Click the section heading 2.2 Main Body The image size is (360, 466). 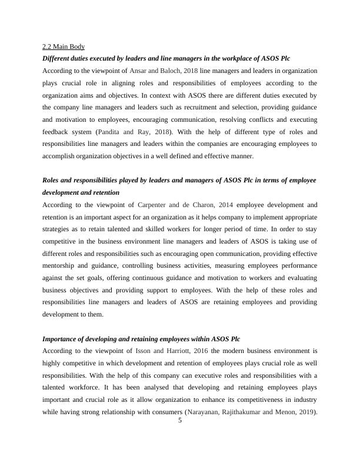tap(64, 46)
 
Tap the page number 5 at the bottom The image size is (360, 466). tap(180, 420)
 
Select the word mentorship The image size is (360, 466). tap(61, 254)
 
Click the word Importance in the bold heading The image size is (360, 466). tap(62, 339)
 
